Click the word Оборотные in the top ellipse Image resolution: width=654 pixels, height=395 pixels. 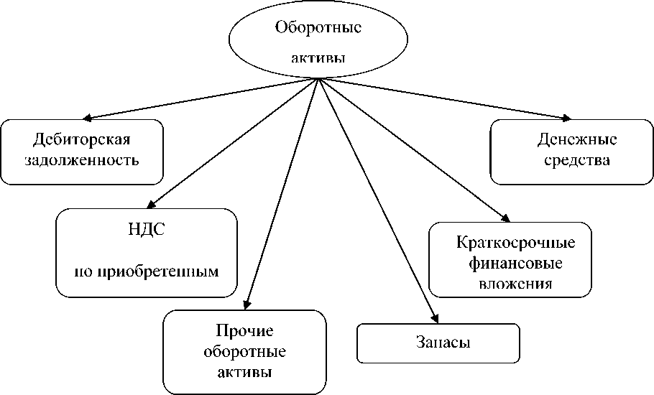click(x=318, y=29)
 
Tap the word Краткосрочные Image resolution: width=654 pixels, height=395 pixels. click(x=511, y=242)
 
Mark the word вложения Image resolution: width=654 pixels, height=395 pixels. click(x=515, y=283)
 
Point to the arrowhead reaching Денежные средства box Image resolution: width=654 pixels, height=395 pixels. click(x=567, y=118)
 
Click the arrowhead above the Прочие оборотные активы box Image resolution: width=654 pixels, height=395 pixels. click(x=247, y=304)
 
